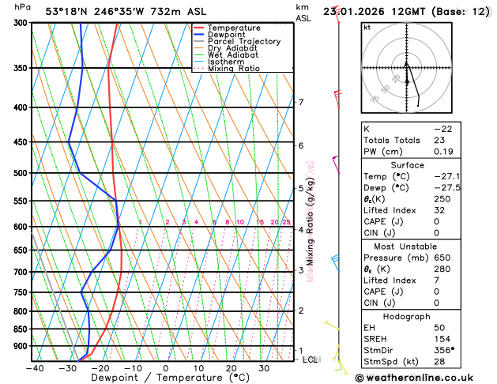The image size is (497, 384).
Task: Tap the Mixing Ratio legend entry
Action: pyautogui.click(x=234, y=69)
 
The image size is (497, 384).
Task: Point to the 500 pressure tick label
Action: pyautogui.click(x=19, y=173)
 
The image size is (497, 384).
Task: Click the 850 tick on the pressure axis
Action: pyautogui.click(x=19, y=329)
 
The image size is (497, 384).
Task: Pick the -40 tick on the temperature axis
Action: pyautogui.click(x=34, y=368)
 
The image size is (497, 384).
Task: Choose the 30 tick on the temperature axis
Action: pyautogui.click(x=264, y=368)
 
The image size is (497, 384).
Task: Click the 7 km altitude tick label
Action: pyautogui.click(x=301, y=102)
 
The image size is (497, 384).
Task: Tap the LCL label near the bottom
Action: pyautogui.click(x=311, y=360)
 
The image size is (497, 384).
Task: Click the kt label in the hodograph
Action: pyautogui.click(x=367, y=27)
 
